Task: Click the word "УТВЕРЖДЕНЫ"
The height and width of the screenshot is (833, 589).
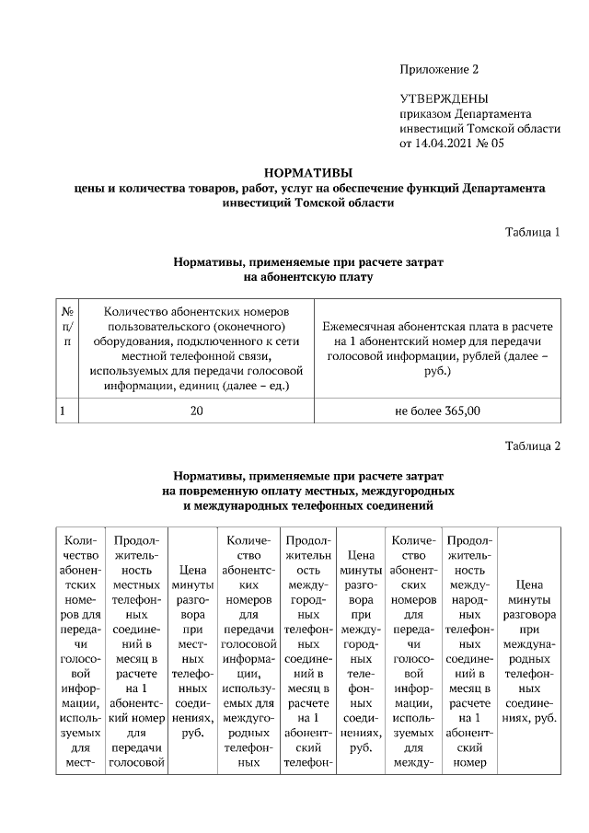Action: tap(444, 98)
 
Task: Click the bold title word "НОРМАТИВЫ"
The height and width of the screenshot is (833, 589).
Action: tap(308, 172)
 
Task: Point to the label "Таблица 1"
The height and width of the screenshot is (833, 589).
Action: tap(532, 231)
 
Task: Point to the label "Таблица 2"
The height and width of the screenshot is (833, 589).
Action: tap(532, 446)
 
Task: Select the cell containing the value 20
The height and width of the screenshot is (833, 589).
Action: tap(197, 411)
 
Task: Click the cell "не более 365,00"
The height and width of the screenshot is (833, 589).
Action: tap(437, 411)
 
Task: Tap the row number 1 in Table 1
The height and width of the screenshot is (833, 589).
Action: tap(62, 411)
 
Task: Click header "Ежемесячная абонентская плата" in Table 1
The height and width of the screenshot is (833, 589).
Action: tap(437, 349)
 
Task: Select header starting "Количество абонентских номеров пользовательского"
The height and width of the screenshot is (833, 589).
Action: tap(197, 349)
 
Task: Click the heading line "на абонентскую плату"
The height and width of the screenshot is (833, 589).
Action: tap(308, 276)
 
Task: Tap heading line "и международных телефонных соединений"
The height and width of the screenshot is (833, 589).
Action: tap(308, 505)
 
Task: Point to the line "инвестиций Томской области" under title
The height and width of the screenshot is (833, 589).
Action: tap(308, 202)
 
